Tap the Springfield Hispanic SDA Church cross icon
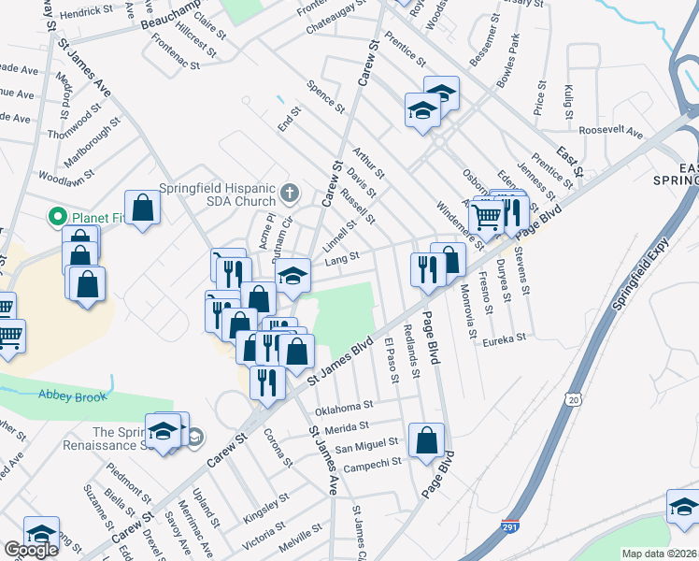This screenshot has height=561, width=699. [x=290, y=194]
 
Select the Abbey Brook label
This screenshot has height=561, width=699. [x=68, y=395]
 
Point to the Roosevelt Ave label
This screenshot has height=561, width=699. [x=611, y=133]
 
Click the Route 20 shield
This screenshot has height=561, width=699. [x=572, y=399]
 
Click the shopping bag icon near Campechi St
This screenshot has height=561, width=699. [x=427, y=439]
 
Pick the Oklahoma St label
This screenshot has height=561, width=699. [x=344, y=408]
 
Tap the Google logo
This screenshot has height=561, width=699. [x=31, y=550]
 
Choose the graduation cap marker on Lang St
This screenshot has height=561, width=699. [x=293, y=274]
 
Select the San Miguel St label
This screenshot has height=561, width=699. [x=367, y=444]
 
